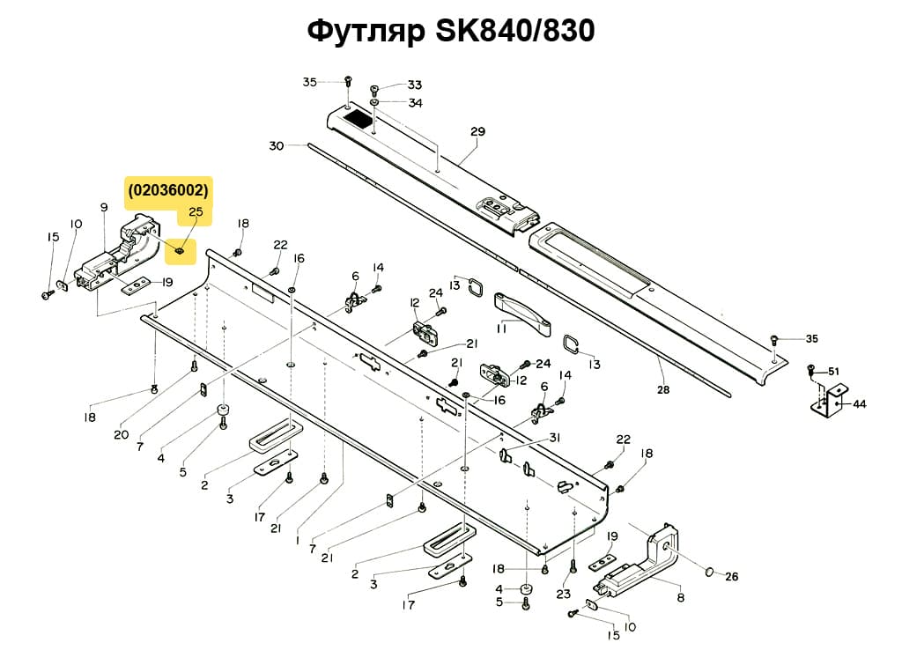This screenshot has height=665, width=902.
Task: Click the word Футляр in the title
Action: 366,31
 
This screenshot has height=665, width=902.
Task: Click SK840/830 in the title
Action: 514,31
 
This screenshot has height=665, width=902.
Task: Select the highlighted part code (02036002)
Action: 169,189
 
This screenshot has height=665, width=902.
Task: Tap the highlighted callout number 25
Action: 196,212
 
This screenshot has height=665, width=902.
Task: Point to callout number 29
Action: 477,132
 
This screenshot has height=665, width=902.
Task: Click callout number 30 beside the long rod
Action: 277,146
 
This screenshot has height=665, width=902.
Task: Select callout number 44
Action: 859,404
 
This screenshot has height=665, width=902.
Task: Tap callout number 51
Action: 833,371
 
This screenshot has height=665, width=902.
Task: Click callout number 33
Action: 414,85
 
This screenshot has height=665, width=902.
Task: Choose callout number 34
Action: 415,103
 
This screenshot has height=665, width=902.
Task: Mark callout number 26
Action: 731,577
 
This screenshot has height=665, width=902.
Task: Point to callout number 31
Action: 554,438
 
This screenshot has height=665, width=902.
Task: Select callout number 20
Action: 121,434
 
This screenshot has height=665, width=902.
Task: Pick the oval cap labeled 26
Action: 707,573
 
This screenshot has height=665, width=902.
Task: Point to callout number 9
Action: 104,207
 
